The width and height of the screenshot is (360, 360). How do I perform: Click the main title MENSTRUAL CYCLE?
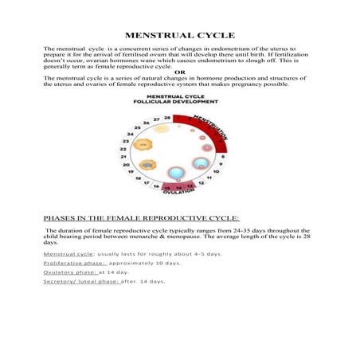point(179,35)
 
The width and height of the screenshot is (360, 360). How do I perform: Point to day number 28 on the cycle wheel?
point(167,117)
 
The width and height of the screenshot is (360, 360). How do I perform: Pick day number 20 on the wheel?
point(126,166)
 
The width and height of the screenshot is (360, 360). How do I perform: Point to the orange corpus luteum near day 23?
point(143,145)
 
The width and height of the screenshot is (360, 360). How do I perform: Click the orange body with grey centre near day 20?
point(147,165)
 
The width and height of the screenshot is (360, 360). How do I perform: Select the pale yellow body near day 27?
point(161,128)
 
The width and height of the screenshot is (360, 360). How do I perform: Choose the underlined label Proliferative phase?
point(74,263)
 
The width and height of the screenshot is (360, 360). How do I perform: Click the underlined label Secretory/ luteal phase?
point(80,281)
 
